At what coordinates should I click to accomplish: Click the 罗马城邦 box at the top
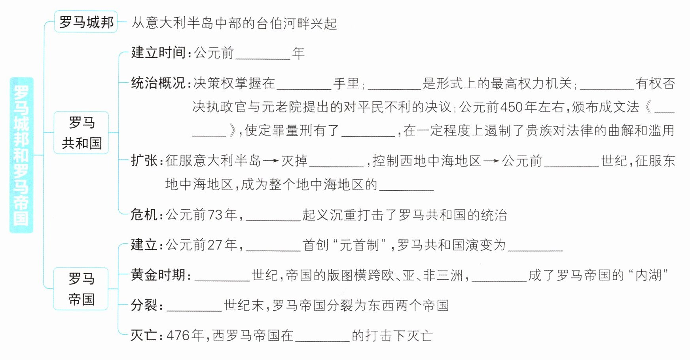tap(86, 22)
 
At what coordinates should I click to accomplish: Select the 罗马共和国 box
tap(82, 133)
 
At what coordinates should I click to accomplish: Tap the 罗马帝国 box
tap(81, 289)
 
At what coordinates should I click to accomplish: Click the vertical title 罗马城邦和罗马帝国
tap(21, 155)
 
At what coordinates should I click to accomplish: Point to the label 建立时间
tap(158, 53)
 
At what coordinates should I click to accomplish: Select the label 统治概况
tap(158, 83)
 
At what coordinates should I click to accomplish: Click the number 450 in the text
tap(512, 107)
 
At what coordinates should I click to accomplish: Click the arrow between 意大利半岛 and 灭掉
tap(271, 161)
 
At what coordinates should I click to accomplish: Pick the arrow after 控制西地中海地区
tap(491, 161)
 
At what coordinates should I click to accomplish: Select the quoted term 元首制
tap(360, 245)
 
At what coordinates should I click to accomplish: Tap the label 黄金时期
tap(158, 275)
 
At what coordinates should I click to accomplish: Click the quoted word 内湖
tap(648, 275)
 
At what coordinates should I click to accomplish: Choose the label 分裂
tap(144, 305)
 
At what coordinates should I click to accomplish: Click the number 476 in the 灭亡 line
tap(179, 335)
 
